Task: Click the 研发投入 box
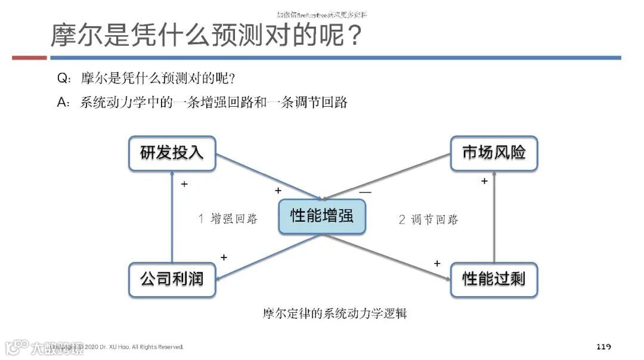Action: [x=172, y=153]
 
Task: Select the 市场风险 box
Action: [x=494, y=153]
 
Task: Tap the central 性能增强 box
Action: [x=322, y=216]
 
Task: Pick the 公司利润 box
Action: [x=172, y=279]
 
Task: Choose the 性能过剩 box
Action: [x=494, y=279]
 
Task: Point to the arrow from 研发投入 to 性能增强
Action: [x=268, y=176]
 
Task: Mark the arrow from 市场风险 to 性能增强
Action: [x=388, y=176]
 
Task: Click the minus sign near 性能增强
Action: [x=365, y=193]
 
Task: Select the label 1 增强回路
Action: [x=228, y=219]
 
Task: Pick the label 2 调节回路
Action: [x=428, y=219]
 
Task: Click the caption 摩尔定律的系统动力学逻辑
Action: [x=335, y=313]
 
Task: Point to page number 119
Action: [x=603, y=347]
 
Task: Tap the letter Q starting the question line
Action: [x=62, y=78]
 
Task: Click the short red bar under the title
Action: [x=29, y=58]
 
